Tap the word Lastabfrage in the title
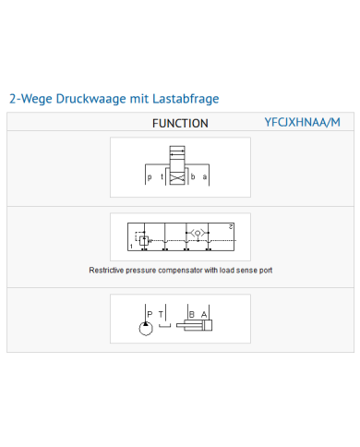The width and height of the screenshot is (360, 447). point(186,99)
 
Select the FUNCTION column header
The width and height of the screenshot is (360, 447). point(180,124)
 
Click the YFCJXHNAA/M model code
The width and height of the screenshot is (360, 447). point(303,122)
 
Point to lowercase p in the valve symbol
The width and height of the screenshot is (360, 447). point(150,177)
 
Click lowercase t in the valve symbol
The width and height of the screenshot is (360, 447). point(162,176)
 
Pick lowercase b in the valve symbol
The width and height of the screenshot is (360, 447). point(193,176)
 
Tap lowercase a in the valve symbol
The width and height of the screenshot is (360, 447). point(205,177)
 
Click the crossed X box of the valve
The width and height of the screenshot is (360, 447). point(177,178)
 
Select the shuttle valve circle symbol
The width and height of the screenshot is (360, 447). point(198,233)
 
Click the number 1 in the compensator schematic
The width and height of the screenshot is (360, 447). point(131,246)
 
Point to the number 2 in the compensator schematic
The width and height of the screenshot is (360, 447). point(231,227)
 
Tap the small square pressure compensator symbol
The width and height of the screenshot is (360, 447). point(144,240)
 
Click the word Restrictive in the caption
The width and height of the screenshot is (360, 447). point(106,271)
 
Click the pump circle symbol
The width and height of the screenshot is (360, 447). point(146,328)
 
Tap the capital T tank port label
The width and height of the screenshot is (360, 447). point(161,314)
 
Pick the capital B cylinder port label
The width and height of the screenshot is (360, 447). point(192,314)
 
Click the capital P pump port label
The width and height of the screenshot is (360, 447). point(150,314)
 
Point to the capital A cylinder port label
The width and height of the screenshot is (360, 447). point(204,314)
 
